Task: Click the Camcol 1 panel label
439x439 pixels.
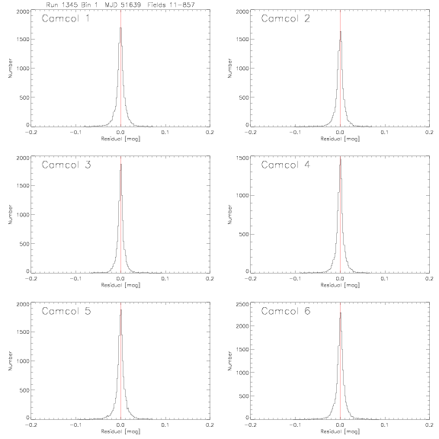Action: click(x=66, y=18)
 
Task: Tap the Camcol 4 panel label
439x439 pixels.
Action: click(x=286, y=165)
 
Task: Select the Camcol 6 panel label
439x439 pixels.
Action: click(x=286, y=311)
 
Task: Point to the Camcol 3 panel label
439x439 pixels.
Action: click(x=66, y=165)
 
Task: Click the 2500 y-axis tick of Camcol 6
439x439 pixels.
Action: click(x=242, y=304)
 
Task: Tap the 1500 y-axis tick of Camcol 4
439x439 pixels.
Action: click(x=242, y=158)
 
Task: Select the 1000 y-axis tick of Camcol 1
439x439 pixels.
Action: click(x=23, y=69)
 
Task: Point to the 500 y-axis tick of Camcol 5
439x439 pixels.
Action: click(x=24, y=390)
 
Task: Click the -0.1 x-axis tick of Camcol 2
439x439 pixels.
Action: click(x=295, y=132)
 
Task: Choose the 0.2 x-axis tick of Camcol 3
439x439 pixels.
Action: click(x=210, y=279)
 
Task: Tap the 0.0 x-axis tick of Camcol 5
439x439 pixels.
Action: click(x=120, y=425)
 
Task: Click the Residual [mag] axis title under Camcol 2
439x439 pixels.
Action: click(x=340, y=139)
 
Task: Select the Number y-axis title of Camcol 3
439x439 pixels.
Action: click(x=11, y=214)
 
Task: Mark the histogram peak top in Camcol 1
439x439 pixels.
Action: click(x=120, y=27)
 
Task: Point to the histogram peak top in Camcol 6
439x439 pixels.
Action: click(x=340, y=313)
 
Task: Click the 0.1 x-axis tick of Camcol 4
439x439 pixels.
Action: click(x=385, y=279)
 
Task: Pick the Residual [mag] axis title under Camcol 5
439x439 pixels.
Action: click(x=120, y=431)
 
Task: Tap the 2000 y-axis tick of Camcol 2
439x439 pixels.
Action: click(x=242, y=11)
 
